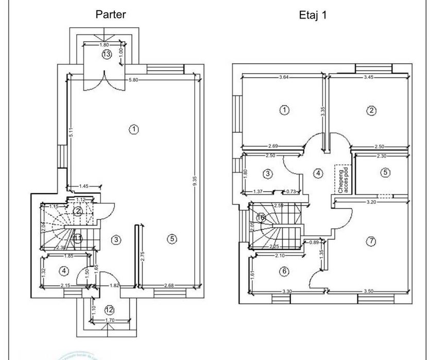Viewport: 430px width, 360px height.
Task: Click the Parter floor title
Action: point(111,14)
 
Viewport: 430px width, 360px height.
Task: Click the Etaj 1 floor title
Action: point(313,15)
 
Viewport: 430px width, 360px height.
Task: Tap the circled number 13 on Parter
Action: point(107,54)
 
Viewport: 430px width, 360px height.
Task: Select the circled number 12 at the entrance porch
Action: point(109,310)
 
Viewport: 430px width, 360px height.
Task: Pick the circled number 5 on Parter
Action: point(172,238)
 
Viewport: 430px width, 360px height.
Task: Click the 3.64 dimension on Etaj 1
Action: point(284,77)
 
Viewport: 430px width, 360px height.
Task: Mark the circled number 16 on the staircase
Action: point(261,218)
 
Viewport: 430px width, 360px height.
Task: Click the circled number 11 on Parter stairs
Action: point(77,238)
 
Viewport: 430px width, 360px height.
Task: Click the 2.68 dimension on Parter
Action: point(168,286)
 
